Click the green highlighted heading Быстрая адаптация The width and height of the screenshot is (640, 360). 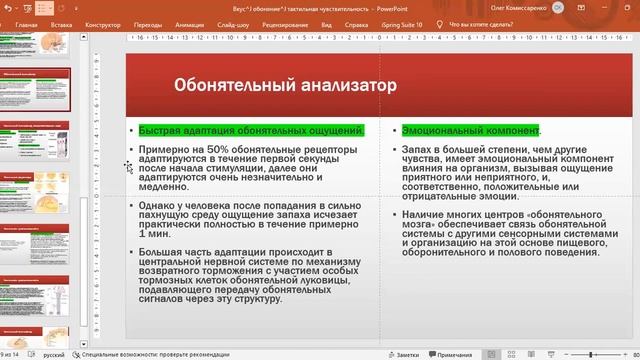pyautogui.click(x=251, y=131)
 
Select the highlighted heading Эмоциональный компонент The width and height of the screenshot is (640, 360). pyautogui.click(x=470, y=131)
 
